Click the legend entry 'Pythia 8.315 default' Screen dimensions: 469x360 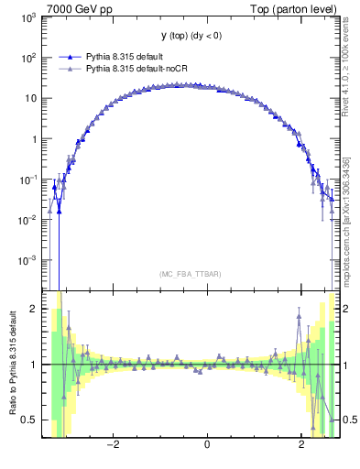click(x=125, y=57)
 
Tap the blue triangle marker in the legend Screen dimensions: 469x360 click(x=65, y=57)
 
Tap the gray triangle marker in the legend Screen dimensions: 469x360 click(x=65, y=68)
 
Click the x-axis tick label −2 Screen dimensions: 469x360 click(x=113, y=445)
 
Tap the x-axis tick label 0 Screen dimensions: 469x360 click(x=208, y=445)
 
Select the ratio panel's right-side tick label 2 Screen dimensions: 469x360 click(x=349, y=309)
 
